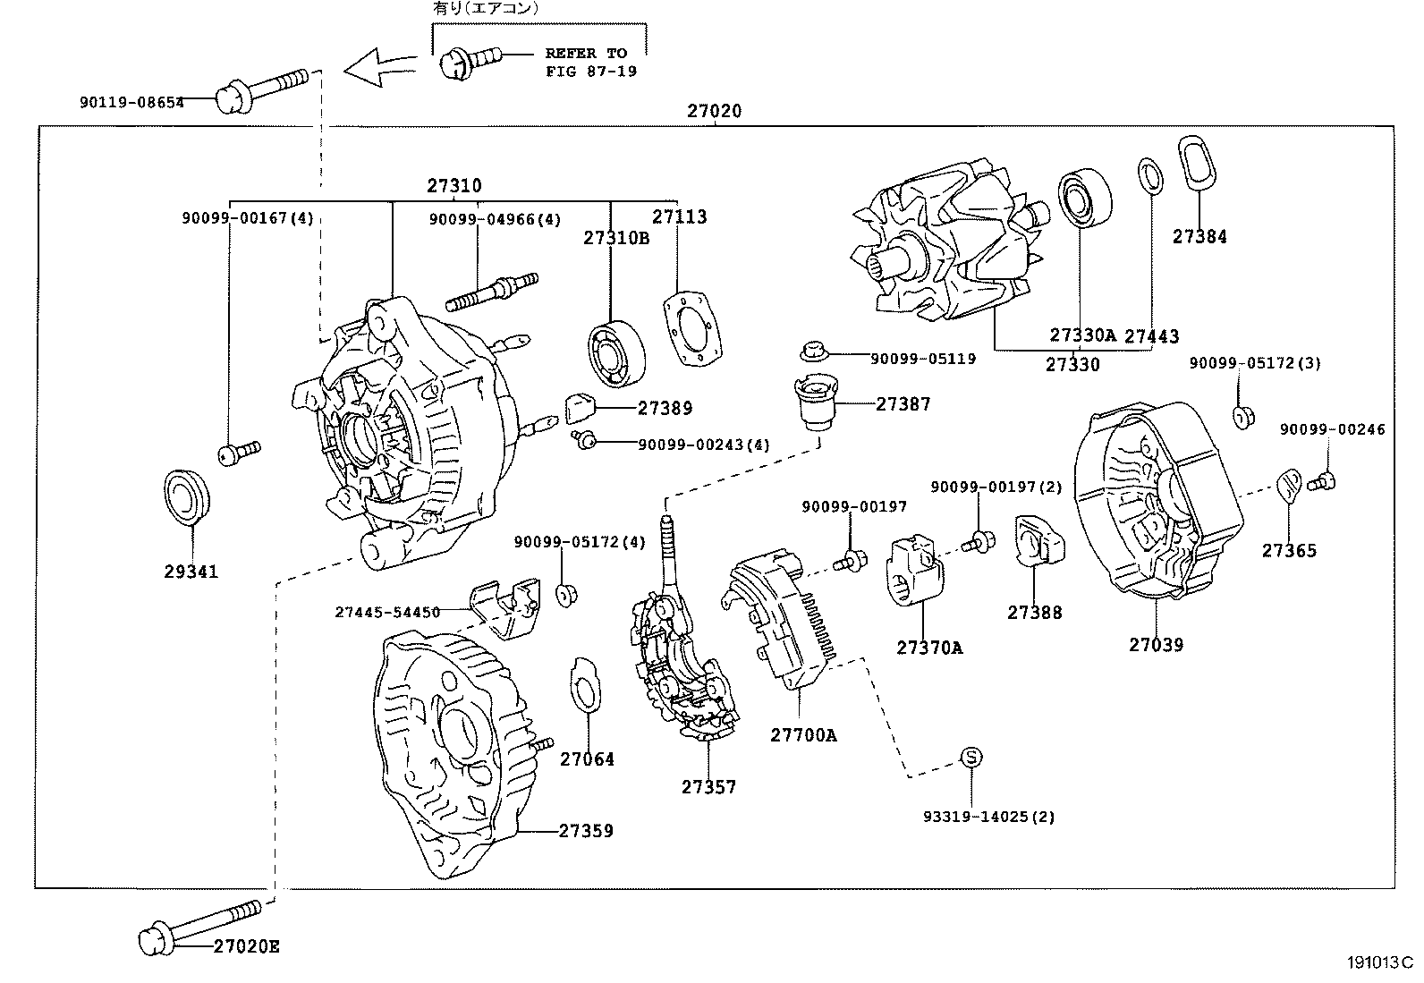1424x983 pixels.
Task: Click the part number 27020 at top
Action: pyautogui.click(x=714, y=112)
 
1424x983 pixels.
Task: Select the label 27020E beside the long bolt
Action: pyautogui.click(x=246, y=946)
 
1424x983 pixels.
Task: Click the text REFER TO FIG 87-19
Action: pyautogui.click(x=590, y=63)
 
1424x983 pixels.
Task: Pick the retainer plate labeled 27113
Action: pyautogui.click(x=693, y=327)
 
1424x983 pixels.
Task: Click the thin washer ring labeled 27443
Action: pyautogui.click(x=1150, y=174)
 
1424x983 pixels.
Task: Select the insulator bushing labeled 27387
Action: pyautogui.click(x=815, y=403)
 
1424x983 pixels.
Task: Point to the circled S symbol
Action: pyautogui.click(x=971, y=758)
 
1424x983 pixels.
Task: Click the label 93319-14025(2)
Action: pyautogui.click(x=989, y=817)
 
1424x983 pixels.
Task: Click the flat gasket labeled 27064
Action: pyautogui.click(x=584, y=685)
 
